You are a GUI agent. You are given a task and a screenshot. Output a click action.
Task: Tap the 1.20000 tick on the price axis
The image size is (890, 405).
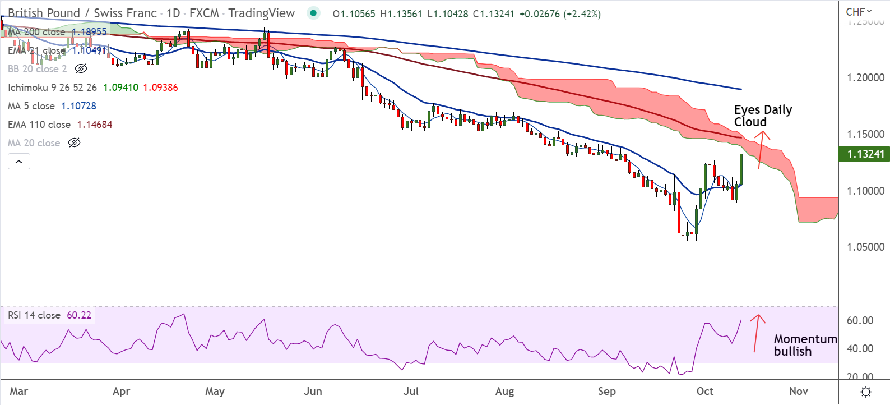click(x=865, y=77)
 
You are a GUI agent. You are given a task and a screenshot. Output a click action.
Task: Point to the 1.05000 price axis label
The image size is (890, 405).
click(x=865, y=247)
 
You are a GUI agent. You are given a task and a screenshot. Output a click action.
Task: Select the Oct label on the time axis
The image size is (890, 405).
click(x=704, y=391)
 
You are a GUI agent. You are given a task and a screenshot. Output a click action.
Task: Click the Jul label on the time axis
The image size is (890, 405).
click(x=411, y=391)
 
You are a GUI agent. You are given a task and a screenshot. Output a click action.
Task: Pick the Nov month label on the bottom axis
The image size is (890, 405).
click(x=798, y=391)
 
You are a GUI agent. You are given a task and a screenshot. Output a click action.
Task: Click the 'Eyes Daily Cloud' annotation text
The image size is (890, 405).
click(x=762, y=116)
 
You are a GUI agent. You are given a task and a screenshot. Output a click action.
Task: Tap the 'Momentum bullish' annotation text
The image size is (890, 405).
click(x=805, y=345)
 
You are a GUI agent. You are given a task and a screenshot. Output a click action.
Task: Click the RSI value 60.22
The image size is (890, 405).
click(x=79, y=315)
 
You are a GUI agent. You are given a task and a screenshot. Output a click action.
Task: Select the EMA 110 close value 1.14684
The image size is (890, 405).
click(x=95, y=125)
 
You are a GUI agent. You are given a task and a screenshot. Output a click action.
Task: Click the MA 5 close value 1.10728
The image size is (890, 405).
click(x=78, y=106)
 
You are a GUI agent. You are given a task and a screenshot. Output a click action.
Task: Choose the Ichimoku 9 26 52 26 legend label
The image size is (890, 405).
click(x=52, y=88)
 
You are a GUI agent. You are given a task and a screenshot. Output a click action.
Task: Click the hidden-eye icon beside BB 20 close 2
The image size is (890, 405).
click(x=81, y=69)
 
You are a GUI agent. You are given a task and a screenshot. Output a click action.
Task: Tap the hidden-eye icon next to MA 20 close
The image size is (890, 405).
click(x=74, y=143)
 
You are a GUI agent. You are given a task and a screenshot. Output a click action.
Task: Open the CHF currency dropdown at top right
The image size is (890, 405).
click(x=859, y=12)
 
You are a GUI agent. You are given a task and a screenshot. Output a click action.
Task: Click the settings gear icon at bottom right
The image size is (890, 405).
click(x=865, y=392)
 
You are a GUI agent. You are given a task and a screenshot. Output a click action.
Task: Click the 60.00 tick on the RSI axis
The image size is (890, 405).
click(x=860, y=320)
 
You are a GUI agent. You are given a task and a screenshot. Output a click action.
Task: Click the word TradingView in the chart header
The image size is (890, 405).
click(x=261, y=13)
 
